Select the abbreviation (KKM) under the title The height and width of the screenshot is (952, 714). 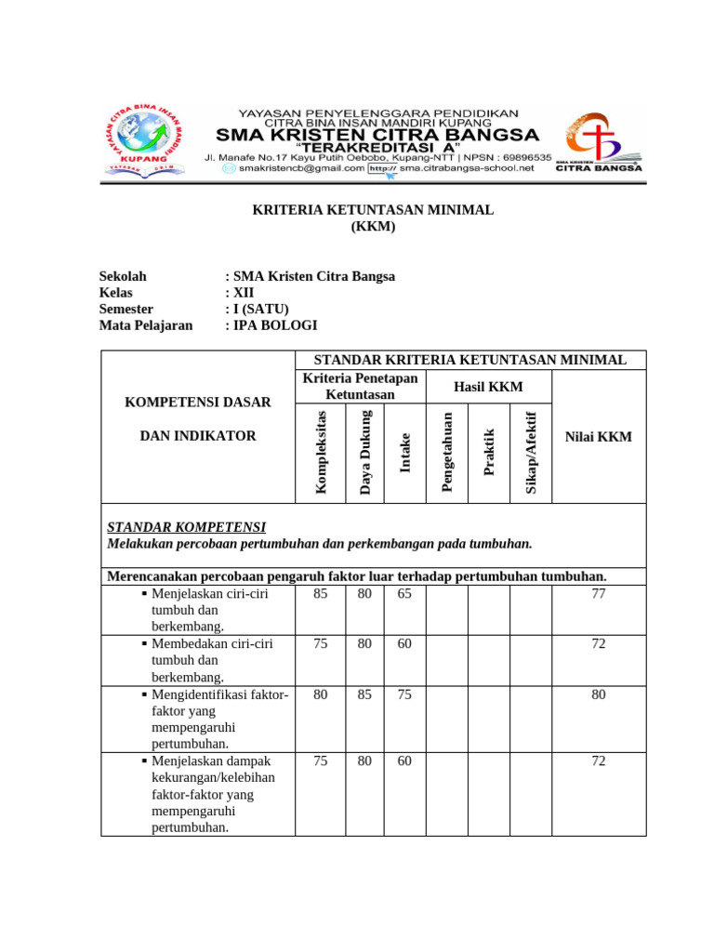pyautogui.click(x=373, y=227)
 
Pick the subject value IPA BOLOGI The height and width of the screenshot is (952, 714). pyautogui.click(x=275, y=325)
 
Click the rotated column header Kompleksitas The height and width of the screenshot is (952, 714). pyautogui.click(x=321, y=452)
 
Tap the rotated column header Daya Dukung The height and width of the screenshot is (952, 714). pyautogui.click(x=364, y=452)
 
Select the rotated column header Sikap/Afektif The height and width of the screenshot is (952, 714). pyautogui.click(x=531, y=452)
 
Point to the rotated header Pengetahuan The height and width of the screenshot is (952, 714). pyautogui.click(x=447, y=452)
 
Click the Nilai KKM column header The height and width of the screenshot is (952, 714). pyautogui.click(x=598, y=436)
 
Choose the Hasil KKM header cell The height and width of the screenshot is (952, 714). pyautogui.click(x=488, y=387)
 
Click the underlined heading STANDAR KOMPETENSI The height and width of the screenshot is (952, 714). pyautogui.click(x=187, y=527)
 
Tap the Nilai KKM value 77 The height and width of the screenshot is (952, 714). pyautogui.click(x=599, y=593)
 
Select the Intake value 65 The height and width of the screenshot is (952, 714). pyautogui.click(x=404, y=593)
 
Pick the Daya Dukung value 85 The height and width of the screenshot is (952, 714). pyautogui.click(x=364, y=694)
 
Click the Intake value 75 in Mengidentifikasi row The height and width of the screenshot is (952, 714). pyautogui.click(x=404, y=694)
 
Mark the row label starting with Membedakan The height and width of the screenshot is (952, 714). pyautogui.click(x=209, y=643)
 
